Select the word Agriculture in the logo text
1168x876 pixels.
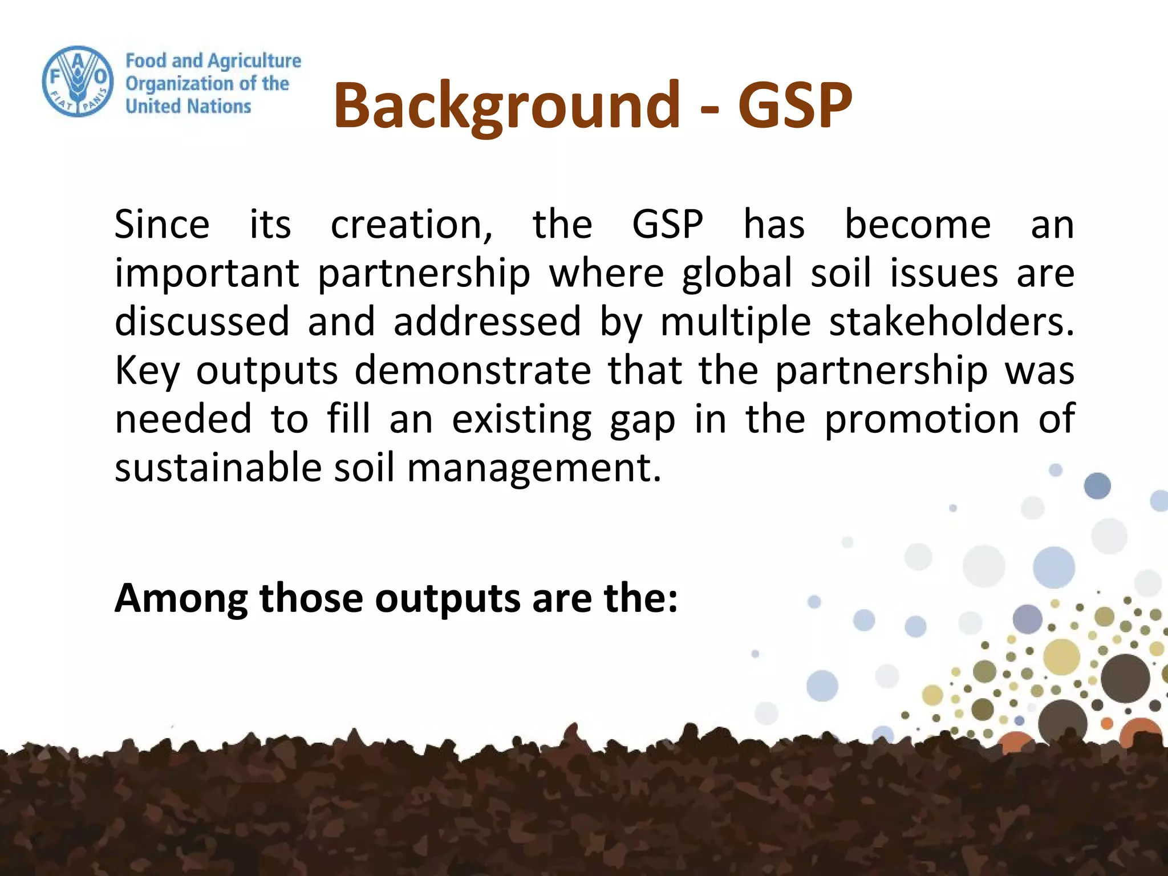point(254,60)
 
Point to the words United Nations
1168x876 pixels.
point(188,106)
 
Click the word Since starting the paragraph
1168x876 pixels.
point(162,224)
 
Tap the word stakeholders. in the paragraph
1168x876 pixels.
point(951,322)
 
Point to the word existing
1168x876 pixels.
point(522,420)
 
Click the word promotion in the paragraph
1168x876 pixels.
point(922,420)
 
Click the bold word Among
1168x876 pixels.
point(181,598)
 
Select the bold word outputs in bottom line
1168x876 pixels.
point(448,598)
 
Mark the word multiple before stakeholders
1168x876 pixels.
point(736,322)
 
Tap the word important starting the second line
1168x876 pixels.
point(207,273)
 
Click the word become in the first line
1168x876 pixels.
point(918,224)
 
